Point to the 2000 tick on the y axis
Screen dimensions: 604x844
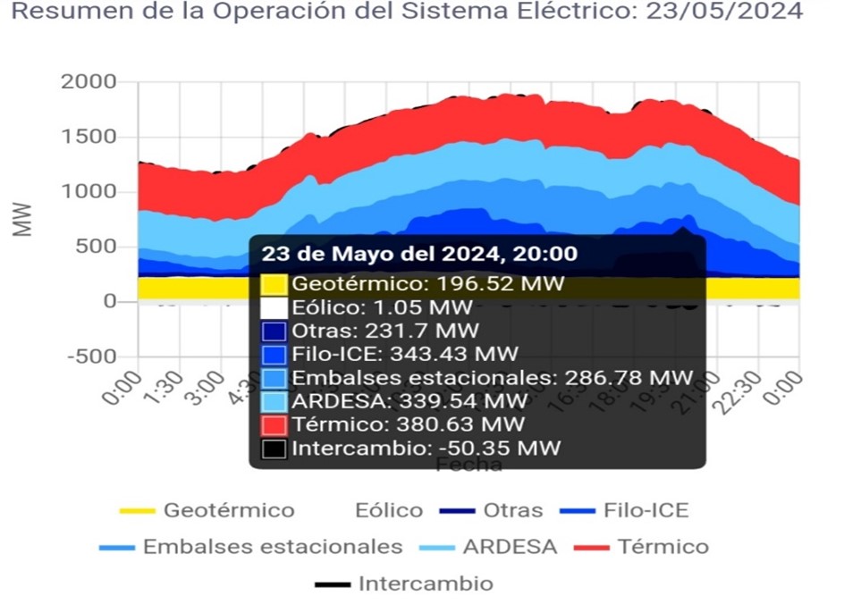[89, 82]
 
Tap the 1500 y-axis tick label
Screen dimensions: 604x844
[89, 137]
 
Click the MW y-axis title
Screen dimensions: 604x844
[24, 219]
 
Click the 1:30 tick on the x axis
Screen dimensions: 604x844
[162, 390]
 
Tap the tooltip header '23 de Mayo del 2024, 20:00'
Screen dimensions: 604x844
[418, 255]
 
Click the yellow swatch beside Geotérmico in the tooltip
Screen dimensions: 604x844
[274, 285]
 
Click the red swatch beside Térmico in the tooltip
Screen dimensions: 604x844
[274, 424]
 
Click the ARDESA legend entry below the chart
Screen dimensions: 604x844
[509, 547]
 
